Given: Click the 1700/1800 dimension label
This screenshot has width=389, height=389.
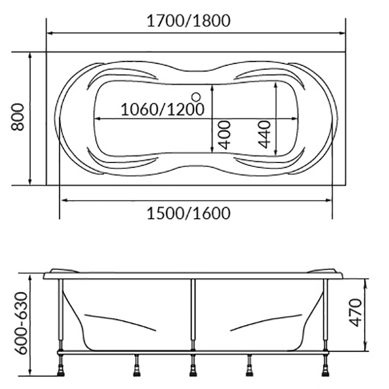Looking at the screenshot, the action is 189,21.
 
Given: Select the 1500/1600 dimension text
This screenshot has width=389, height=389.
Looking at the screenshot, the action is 189,213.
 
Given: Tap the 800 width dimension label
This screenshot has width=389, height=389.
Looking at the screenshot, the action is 18,117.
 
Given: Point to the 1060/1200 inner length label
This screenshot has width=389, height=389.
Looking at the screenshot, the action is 162,109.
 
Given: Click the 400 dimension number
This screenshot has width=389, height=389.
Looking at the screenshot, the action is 225,135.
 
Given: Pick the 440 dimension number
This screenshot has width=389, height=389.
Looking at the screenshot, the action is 264,134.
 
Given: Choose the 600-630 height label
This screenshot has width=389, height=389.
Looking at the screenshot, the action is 20,323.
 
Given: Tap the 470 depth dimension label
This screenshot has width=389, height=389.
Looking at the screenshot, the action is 355,313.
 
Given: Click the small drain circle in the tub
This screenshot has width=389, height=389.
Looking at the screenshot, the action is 196,97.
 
